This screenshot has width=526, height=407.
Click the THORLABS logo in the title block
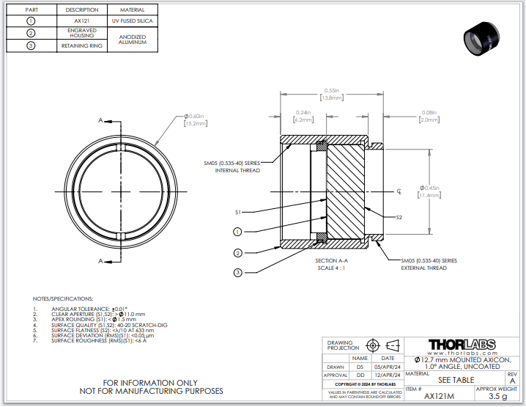(462, 344)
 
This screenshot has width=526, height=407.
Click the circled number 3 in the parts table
(31, 45)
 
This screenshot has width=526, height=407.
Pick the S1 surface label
(238, 212)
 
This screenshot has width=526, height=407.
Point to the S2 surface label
(399, 218)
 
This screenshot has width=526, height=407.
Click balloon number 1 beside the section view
(237, 232)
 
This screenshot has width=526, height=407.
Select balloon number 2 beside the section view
(237, 252)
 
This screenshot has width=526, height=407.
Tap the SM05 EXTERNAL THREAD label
(429, 264)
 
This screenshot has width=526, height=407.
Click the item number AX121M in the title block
(440, 397)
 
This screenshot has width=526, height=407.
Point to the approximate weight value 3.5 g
(497, 397)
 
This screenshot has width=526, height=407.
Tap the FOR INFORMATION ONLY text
(149, 383)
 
